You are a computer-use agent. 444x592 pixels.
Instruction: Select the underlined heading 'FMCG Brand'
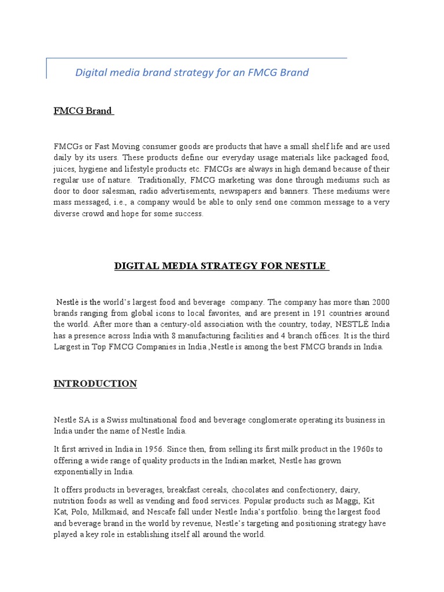[83, 111]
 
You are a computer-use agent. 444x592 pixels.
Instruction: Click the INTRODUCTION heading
[95, 384]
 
